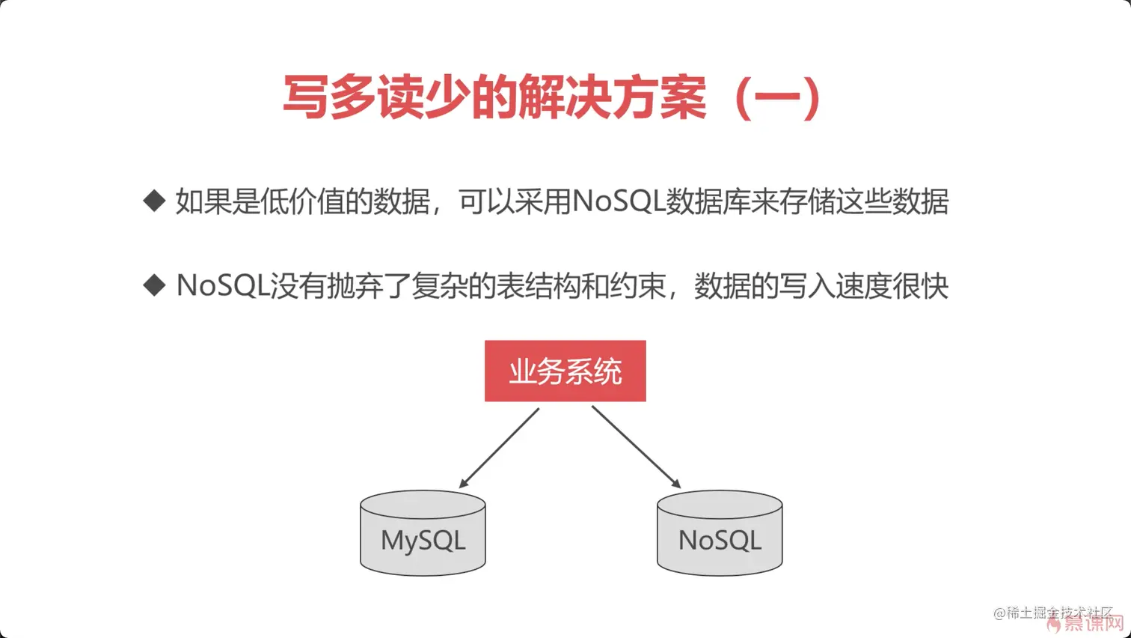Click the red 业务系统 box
tap(565, 371)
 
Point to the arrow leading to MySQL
tap(499, 448)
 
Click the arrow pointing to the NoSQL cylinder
tap(636, 448)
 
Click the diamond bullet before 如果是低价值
tap(154, 201)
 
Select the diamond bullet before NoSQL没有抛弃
tap(154, 285)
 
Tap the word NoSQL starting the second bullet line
tap(222, 286)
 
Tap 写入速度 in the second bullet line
tap(835, 286)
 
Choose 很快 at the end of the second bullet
tap(920, 286)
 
